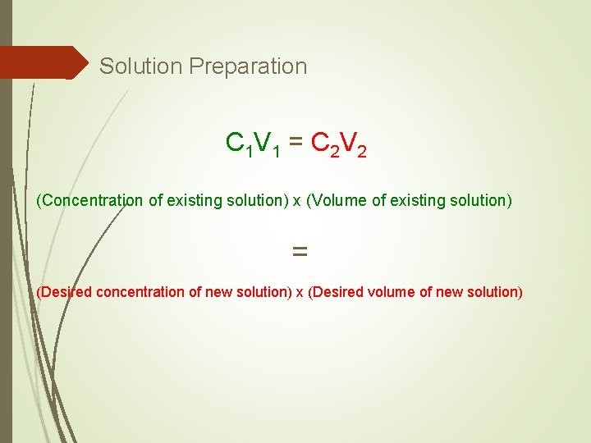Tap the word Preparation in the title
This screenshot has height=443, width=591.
click(248, 66)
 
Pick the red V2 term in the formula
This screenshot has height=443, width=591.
click(355, 144)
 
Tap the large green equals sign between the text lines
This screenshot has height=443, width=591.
click(300, 253)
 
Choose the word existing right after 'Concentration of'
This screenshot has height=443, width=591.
click(193, 200)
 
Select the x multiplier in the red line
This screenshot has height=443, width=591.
click(300, 292)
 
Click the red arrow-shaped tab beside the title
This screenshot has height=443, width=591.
click(45, 62)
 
